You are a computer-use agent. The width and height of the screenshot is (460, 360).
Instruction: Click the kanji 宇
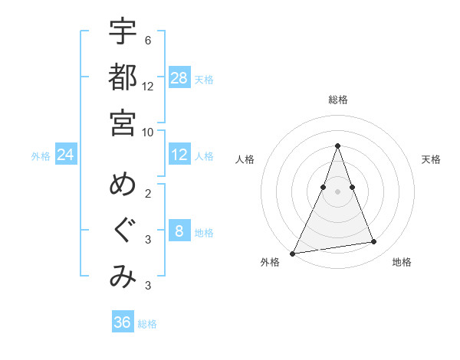(x=123, y=31)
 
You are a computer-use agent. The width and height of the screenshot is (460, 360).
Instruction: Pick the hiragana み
(x=123, y=277)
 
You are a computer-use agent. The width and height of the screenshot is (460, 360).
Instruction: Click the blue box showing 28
(x=179, y=77)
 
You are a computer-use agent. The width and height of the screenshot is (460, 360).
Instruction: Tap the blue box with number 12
(x=179, y=155)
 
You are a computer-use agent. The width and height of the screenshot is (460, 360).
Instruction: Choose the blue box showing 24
(x=66, y=155)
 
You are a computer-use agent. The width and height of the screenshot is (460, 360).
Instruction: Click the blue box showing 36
(x=123, y=322)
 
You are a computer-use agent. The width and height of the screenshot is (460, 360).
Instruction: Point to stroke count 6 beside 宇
(x=147, y=40)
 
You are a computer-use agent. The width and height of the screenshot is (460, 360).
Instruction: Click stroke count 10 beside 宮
(x=148, y=132)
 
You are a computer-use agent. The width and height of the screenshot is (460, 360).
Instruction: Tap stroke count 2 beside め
(x=147, y=194)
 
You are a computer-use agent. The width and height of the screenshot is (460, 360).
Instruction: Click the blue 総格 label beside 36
(x=147, y=324)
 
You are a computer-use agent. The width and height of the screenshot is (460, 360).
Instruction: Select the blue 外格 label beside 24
(x=41, y=156)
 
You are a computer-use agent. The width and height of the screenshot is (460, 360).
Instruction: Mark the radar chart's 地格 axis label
(x=402, y=262)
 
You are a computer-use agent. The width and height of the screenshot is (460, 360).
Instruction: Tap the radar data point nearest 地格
(x=374, y=242)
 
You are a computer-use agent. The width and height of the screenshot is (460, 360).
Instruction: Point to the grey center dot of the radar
(x=337, y=191)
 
